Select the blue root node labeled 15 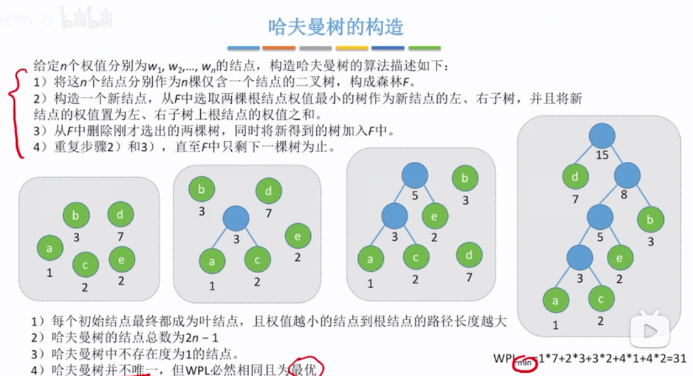(603, 135)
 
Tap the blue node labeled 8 (627, 175)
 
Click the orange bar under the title (279, 48)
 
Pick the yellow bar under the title (352, 48)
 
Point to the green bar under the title (424, 48)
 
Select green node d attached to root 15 (574, 175)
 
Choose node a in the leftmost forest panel (49, 248)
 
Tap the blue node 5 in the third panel (415, 175)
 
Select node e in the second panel (297, 236)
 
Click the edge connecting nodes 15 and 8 (615, 155)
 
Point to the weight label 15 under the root (603, 155)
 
